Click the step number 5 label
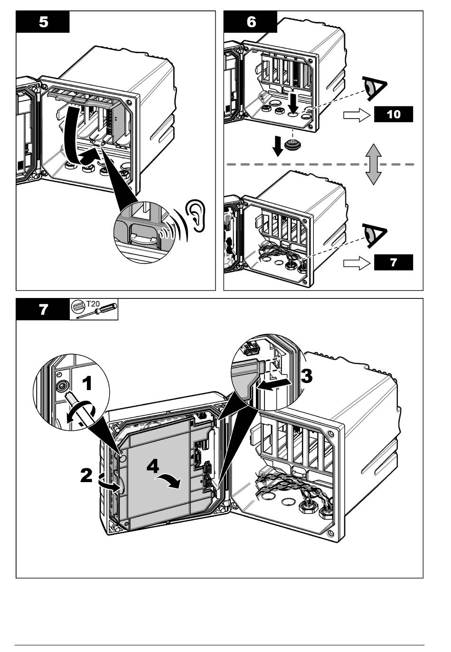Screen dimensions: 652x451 tap(43, 22)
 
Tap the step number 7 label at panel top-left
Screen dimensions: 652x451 tap(43, 310)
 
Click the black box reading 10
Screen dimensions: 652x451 tap(394, 114)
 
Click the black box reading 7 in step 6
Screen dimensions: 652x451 tap(394, 262)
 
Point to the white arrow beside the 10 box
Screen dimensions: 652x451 tap(356, 114)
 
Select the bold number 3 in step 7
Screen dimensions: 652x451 tap(306, 376)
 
